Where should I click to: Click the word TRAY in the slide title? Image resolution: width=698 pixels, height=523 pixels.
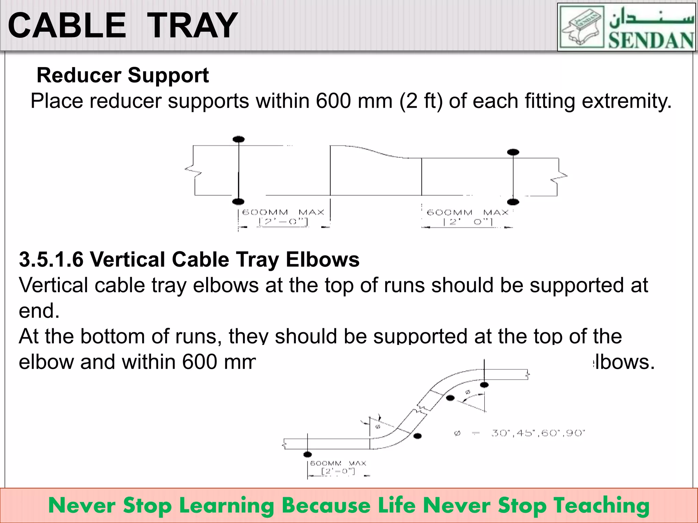[x=193, y=26]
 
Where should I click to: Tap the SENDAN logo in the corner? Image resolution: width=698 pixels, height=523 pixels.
[x=626, y=27]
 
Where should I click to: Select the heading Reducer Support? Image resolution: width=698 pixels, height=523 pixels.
[x=122, y=75]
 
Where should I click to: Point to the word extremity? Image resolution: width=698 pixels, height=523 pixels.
[x=626, y=101]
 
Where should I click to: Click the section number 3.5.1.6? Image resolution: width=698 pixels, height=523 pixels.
[x=51, y=259]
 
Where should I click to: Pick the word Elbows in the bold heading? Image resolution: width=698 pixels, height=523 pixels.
[x=322, y=259]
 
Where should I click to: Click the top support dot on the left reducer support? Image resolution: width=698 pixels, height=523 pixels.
[x=239, y=139]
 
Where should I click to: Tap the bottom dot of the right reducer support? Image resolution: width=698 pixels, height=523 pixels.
[x=513, y=202]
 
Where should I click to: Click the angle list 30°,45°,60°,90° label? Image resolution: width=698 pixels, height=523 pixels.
[x=538, y=433]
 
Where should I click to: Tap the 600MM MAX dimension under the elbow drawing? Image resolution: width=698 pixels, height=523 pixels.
[x=338, y=463]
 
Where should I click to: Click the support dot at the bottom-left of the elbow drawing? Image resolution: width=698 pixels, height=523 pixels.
[x=307, y=454]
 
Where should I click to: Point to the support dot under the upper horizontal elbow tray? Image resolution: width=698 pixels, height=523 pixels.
[x=484, y=385]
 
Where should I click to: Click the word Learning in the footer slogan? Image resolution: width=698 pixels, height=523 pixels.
[x=227, y=506]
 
